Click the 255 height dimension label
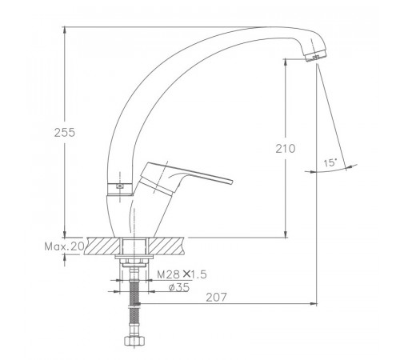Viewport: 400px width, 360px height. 65,133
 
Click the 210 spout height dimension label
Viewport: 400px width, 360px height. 286,149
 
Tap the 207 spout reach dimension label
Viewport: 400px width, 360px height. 216,298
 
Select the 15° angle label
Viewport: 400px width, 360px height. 330,162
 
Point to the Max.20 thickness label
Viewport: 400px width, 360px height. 64,246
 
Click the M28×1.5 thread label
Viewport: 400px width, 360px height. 182,274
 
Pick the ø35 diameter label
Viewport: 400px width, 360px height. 179,287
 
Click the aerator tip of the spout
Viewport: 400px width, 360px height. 316,56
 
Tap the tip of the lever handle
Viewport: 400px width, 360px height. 231,182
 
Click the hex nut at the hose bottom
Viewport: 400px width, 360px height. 134,341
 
